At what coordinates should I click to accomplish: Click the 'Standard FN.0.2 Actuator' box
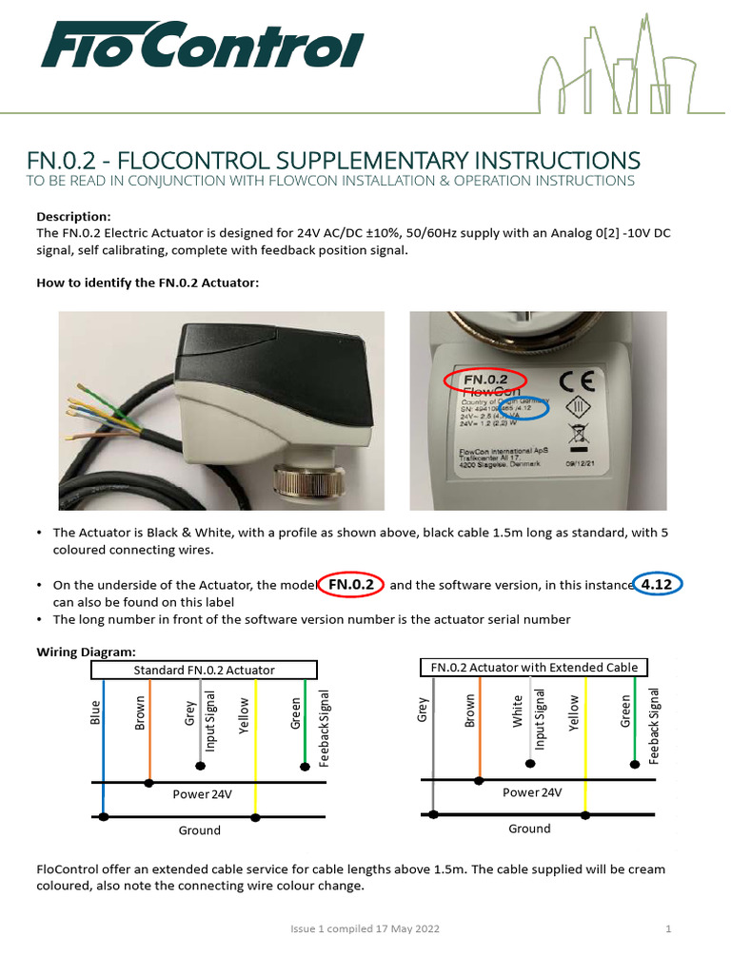(x=205, y=670)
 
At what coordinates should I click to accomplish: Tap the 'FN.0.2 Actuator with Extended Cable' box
(x=534, y=667)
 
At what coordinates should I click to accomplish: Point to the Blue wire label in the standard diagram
(x=95, y=712)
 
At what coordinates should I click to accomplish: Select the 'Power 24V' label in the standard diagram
(x=202, y=793)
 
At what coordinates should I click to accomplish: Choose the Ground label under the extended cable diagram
(x=529, y=828)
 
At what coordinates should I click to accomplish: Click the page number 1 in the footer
(x=669, y=928)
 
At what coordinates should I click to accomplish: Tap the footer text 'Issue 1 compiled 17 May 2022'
(x=365, y=928)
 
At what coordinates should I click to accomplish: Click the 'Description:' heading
(x=73, y=216)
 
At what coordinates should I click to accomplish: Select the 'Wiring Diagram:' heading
(x=86, y=652)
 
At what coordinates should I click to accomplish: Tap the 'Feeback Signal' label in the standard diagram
(x=326, y=729)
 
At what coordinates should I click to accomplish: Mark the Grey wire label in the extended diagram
(x=424, y=710)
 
